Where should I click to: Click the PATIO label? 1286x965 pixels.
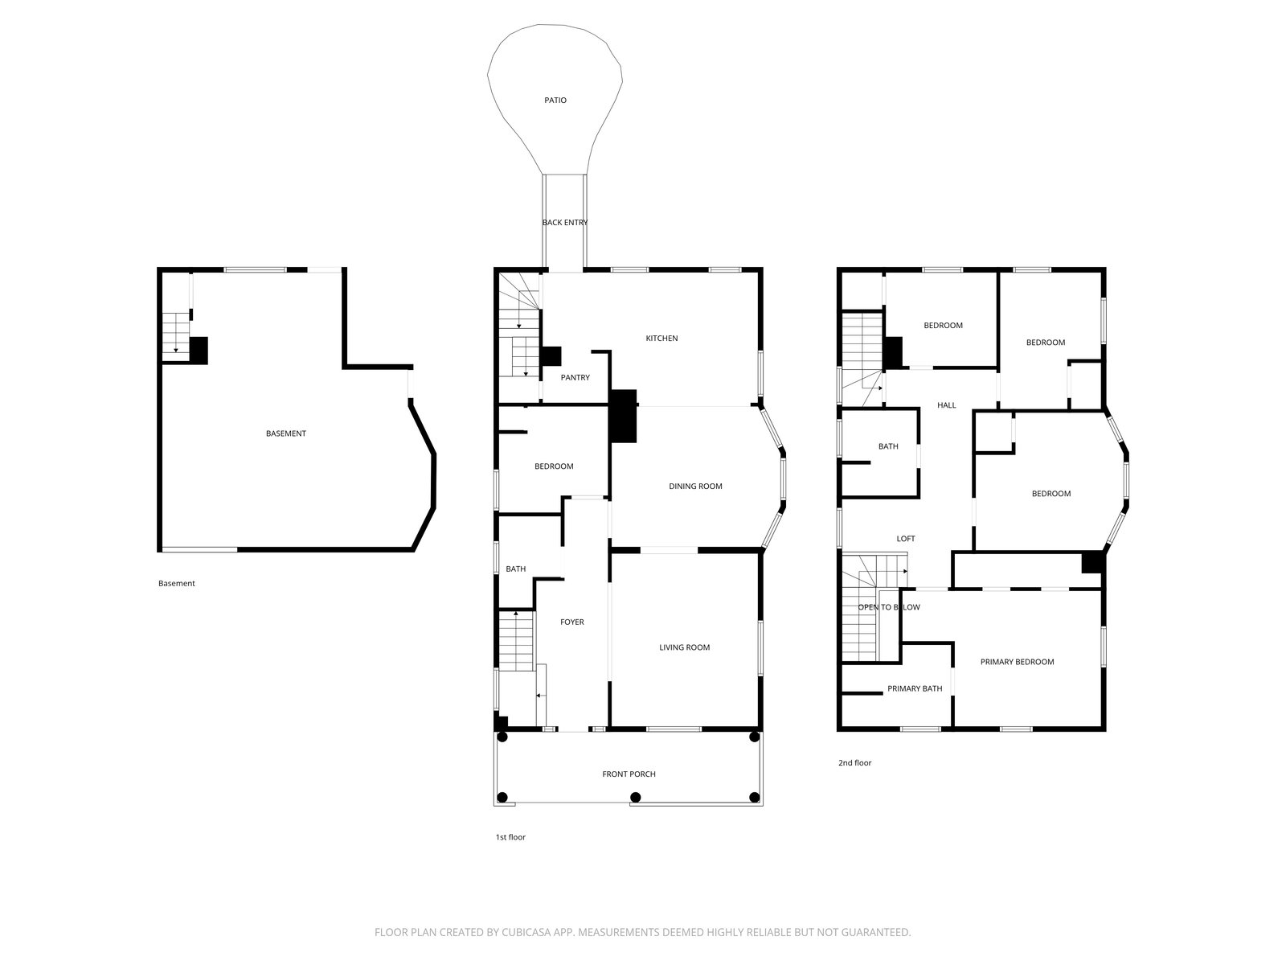tap(555, 101)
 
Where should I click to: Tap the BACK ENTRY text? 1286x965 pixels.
tap(564, 222)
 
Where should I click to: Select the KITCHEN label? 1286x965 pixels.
tap(661, 338)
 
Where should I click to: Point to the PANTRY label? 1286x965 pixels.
tap(575, 377)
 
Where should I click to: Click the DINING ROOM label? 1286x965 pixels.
tap(695, 486)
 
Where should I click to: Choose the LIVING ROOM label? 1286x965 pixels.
tap(684, 647)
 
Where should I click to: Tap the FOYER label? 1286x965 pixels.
tap(571, 622)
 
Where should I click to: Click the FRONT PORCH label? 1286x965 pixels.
tap(629, 774)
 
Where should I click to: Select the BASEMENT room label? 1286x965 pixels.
tap(286, 433)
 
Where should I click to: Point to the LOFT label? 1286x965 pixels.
tap(905, 539)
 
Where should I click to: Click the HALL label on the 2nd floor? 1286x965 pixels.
tap(946, 404)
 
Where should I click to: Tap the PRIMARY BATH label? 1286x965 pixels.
tap(915, 688)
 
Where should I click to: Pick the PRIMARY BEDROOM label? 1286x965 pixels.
tap(1017, 662)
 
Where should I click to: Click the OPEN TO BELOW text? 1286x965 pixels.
tap(889, 607)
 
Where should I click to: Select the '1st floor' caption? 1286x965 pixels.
tap(510, 836)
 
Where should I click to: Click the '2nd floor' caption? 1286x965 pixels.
tap(855, 762)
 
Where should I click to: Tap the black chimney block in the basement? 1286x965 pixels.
tap(199, 351)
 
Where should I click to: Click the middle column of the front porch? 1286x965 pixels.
tap(635, 797)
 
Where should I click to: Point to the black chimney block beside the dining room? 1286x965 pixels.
tap(623, 416)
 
